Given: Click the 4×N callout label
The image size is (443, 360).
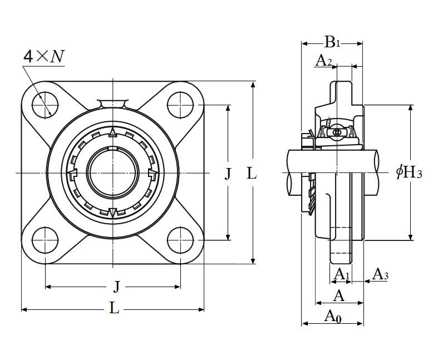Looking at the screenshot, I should (43, 57).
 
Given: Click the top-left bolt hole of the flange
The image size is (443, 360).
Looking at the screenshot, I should (45, 104).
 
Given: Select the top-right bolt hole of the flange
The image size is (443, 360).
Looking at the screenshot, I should (180, 104).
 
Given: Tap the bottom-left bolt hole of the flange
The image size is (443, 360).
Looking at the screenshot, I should (45, 240).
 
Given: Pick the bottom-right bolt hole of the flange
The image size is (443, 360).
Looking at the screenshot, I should (180, 240).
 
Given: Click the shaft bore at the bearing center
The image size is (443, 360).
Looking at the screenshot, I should (112, 172).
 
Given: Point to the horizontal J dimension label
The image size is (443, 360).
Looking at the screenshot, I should (116, 287).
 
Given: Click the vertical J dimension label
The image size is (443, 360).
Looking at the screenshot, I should (228, 174).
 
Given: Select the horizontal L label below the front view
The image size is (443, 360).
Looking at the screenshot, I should (114, 308).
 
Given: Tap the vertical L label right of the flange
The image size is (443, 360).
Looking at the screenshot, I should (252, 174).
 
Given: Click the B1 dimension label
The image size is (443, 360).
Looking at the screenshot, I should (332, 41).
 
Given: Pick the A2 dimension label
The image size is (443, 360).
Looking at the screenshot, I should (323, 61).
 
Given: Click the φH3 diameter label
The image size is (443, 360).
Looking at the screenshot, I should (410, 172).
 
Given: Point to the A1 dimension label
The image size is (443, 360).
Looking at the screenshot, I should (341, 274).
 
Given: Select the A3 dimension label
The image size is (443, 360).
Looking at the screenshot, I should (380, 274).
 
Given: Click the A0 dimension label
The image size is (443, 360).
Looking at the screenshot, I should (333, 317).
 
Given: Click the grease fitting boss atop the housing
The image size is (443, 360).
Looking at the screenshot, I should (112, 103).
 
